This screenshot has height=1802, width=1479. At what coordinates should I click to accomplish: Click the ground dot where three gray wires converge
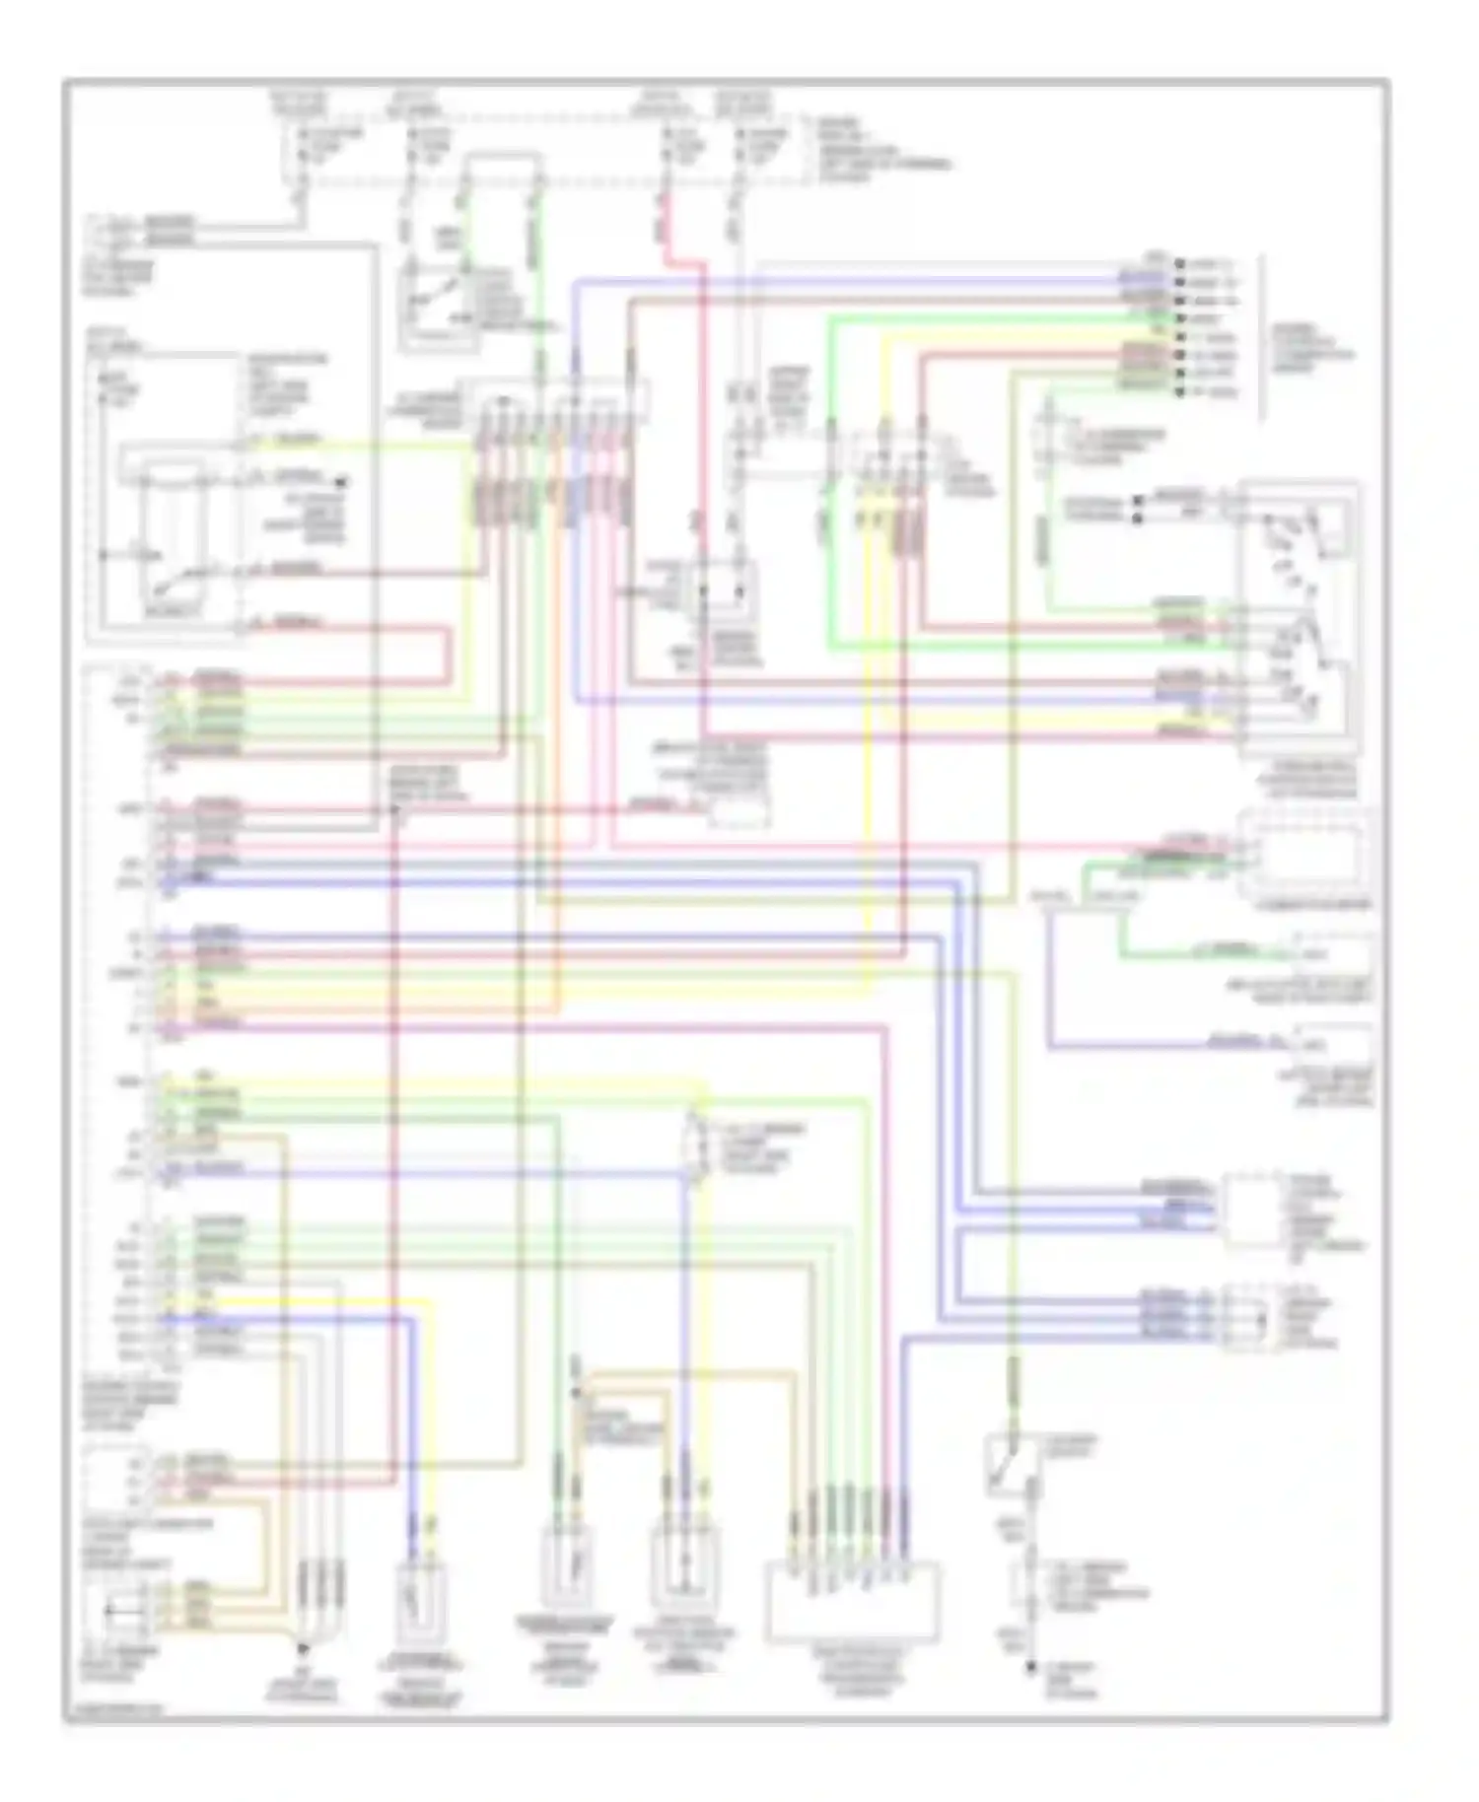coord(303,1647)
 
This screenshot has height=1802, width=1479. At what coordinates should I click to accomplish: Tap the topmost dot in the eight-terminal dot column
coord(1179,264)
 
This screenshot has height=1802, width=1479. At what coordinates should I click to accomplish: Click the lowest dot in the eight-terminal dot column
coord(1179,392)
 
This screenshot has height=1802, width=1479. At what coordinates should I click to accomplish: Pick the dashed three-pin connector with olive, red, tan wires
coord(116,1478)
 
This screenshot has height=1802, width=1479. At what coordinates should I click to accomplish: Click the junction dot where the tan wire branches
coord(576,1392)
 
